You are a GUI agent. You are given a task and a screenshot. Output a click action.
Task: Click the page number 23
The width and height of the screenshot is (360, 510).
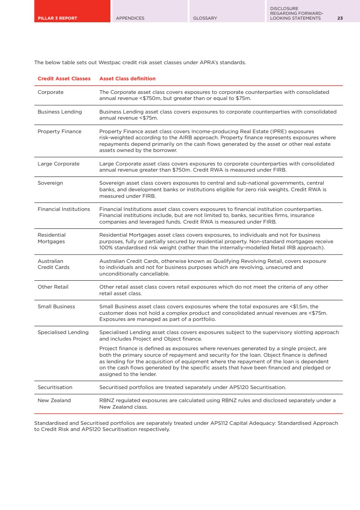pyautogui.click(x=340, y=18)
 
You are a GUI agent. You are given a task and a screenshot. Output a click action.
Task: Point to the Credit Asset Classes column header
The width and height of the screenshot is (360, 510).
pyautogui.click(x=64, y=79)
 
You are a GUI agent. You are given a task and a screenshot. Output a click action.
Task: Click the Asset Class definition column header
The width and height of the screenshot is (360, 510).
pyautogui.click(x=127, y=79)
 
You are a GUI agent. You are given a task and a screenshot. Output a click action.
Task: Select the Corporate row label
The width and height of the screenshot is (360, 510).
pyautogui.click(x=51, y=93)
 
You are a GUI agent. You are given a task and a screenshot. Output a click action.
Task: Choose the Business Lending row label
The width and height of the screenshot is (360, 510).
pyautogui.click(x=60, y=112)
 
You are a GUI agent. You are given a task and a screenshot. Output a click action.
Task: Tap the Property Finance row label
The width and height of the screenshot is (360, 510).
pyautogui.click(x=59, y=131)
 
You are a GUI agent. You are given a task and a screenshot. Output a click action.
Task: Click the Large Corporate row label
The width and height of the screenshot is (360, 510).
pyautogui.click(x=58, y=164)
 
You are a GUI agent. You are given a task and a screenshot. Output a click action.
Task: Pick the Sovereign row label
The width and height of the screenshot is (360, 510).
pyautogui.click(x=50, y=183)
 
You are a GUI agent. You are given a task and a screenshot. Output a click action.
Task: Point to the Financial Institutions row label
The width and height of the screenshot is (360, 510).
pyautogui.click(x=64, y=209)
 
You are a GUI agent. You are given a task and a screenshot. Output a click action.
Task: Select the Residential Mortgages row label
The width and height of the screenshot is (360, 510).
pyautogui.click(x=51, y=238)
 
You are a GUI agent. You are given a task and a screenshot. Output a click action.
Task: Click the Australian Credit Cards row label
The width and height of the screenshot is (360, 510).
pyautogui.click(x=53, y=264)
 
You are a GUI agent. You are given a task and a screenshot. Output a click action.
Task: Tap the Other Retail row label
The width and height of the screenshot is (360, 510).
pyautogui.click(x=53, y=287)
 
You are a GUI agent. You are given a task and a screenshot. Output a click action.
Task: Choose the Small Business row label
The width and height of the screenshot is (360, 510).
pyautogui.click(x=56, y=307)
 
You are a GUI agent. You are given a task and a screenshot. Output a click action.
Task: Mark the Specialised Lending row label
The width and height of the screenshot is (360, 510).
pyautogui.click(x=63, y=332)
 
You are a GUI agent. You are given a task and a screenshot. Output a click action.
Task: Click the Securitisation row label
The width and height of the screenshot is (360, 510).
pyautogui.click(x=55, y=387)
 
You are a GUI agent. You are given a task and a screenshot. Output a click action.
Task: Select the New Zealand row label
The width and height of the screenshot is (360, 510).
pyautogui.click(x=54, y=400)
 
